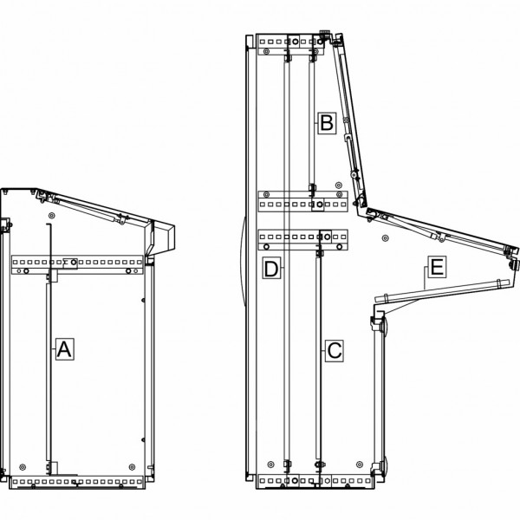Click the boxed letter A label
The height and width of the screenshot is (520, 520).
[x=64, y=349]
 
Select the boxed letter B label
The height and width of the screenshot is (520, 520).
[x=327, y=123]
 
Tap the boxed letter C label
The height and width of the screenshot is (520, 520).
[x=334, y=350]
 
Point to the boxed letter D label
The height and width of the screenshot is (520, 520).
[x=271, y=268]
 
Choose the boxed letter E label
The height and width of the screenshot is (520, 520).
[x=437, y=267]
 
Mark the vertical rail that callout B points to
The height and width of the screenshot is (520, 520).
[x=311, y=123]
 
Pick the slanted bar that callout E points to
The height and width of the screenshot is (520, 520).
[x=442, y=291]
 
